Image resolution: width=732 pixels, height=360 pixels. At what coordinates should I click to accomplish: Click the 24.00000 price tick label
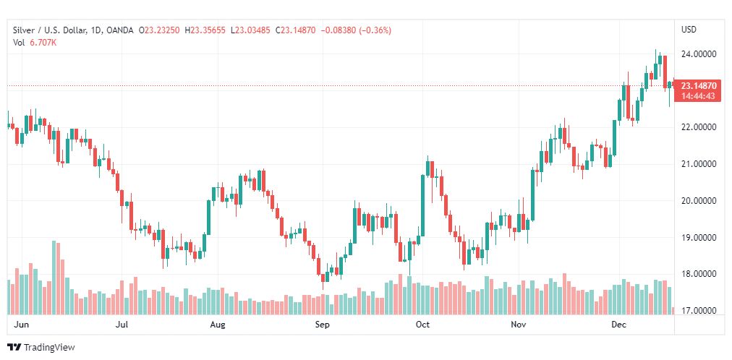coord(698,54)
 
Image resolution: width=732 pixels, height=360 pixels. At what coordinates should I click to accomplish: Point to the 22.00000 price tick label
coord(698,127)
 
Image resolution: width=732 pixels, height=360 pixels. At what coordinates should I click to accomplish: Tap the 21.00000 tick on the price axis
coord(698,164)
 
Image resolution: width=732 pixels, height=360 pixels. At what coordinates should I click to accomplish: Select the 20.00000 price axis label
coord(698,201)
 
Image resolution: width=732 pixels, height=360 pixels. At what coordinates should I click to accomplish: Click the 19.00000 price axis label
coord(698,238)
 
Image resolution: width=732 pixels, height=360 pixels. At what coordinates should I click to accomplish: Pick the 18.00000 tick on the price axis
coord(698,274)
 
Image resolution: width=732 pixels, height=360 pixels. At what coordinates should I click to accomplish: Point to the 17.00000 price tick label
coord(698,311)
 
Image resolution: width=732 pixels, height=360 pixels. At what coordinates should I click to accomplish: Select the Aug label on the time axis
coord(218,325)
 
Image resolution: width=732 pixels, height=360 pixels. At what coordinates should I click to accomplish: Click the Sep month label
coord(322,325)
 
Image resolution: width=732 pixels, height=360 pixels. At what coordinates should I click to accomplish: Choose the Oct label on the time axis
coord(422,325)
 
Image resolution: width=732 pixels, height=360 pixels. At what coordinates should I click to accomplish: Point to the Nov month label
coord(518,325)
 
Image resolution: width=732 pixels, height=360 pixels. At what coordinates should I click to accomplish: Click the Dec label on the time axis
coord(619,325)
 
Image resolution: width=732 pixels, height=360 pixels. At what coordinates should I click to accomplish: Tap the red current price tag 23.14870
coord(698,86)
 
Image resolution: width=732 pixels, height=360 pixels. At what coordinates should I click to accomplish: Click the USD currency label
coord(689,30)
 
